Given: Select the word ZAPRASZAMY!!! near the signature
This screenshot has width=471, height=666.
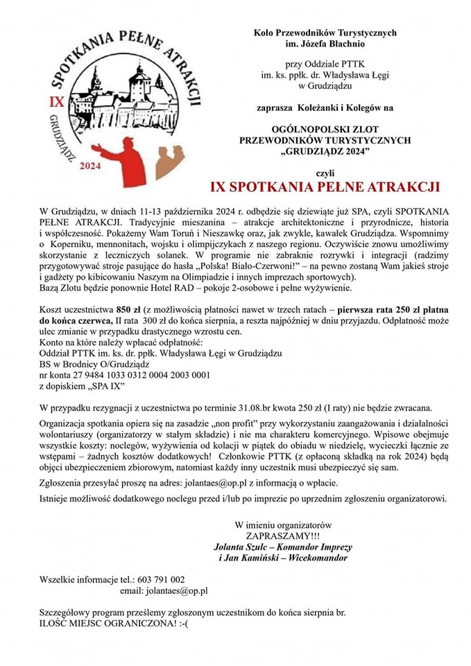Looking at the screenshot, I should [x=284, y=536].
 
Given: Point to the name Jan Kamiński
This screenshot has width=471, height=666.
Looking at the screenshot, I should [x=256, y=558].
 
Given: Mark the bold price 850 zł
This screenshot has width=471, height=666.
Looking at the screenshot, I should [x=132, y=309].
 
